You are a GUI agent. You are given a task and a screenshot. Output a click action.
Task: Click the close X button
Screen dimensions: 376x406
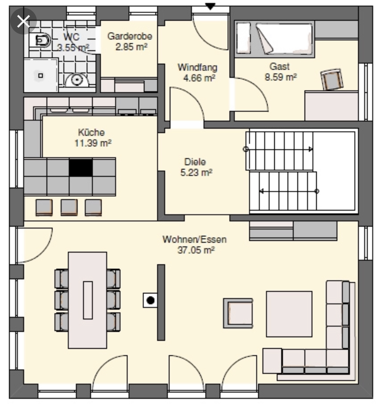(x=23, y=21)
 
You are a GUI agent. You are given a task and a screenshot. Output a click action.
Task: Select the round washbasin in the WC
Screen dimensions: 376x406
(x=76, y=80)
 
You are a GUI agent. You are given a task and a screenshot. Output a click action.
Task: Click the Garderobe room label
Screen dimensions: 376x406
(x=130, y=36)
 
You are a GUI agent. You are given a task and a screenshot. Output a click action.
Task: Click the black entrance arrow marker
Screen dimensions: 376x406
(x=210, y=6)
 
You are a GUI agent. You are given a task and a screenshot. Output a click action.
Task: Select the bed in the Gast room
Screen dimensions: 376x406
(x=275, y=39)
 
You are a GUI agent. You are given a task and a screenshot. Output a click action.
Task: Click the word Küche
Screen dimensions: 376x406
(x=91, y=132)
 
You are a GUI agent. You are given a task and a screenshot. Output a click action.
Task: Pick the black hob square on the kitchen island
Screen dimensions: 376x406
(x=81, y=168)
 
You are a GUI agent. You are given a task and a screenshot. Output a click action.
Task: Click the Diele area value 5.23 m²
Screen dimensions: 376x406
(x=196, y=172)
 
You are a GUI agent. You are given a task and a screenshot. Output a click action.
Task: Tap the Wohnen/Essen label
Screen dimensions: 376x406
(x=194, y=239)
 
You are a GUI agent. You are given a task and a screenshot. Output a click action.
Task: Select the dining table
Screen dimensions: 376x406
(x=87, y=300)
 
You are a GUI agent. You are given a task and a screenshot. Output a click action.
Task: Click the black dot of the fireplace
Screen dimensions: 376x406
(x=150, y=300)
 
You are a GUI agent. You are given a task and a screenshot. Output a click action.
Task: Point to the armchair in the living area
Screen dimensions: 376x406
(x=238, y=313)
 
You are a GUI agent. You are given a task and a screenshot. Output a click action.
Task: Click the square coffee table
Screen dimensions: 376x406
(x=289, y=314)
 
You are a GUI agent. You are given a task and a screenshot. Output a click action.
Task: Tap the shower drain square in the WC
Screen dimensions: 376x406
(x=40, y=75)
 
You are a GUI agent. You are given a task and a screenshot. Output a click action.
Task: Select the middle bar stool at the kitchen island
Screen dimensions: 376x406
(x=69, y=207)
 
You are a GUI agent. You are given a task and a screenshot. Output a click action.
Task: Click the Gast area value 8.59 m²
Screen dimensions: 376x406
(x=280, y=77)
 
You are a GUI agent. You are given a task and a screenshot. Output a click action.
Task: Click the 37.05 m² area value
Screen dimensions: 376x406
(x=196, y=250)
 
